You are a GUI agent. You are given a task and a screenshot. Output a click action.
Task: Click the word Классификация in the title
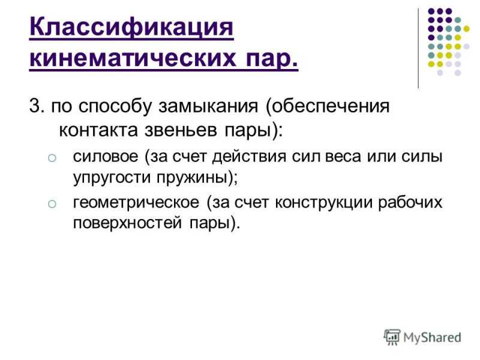[131, 28]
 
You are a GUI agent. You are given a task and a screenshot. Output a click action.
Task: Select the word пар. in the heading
[272, 58]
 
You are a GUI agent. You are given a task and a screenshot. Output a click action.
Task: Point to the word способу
[115, 107]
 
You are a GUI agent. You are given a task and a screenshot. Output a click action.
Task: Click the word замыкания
[208, 107]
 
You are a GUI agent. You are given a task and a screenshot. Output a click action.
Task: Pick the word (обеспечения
[328, 107]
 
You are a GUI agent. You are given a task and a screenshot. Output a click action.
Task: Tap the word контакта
[98, 130]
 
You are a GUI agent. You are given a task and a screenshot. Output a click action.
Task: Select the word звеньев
[181, 130]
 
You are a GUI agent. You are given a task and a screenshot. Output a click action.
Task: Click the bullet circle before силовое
[52, 158]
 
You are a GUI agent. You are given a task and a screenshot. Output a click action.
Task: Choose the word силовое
[106, 157]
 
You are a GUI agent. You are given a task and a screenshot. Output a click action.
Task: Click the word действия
[250, 157]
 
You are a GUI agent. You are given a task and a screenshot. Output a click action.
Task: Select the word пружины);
[197, 178]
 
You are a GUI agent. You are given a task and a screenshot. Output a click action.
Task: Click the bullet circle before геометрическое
[52, 204]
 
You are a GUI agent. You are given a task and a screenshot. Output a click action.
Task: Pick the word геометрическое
[136, 203]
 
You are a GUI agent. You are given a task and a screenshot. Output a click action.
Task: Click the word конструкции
[323, 203]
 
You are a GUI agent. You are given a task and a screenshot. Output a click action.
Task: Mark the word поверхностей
[127, 223]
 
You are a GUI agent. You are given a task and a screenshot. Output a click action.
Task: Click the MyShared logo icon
[392, 337]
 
